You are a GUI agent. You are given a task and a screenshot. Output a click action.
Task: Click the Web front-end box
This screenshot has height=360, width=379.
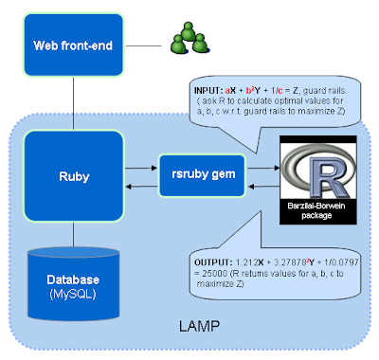tap(72, 45)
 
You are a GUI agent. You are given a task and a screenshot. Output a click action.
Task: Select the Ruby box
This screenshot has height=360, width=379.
tap(72, 175)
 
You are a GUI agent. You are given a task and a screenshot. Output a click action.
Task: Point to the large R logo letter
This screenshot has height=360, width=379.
tap(316, 170)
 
